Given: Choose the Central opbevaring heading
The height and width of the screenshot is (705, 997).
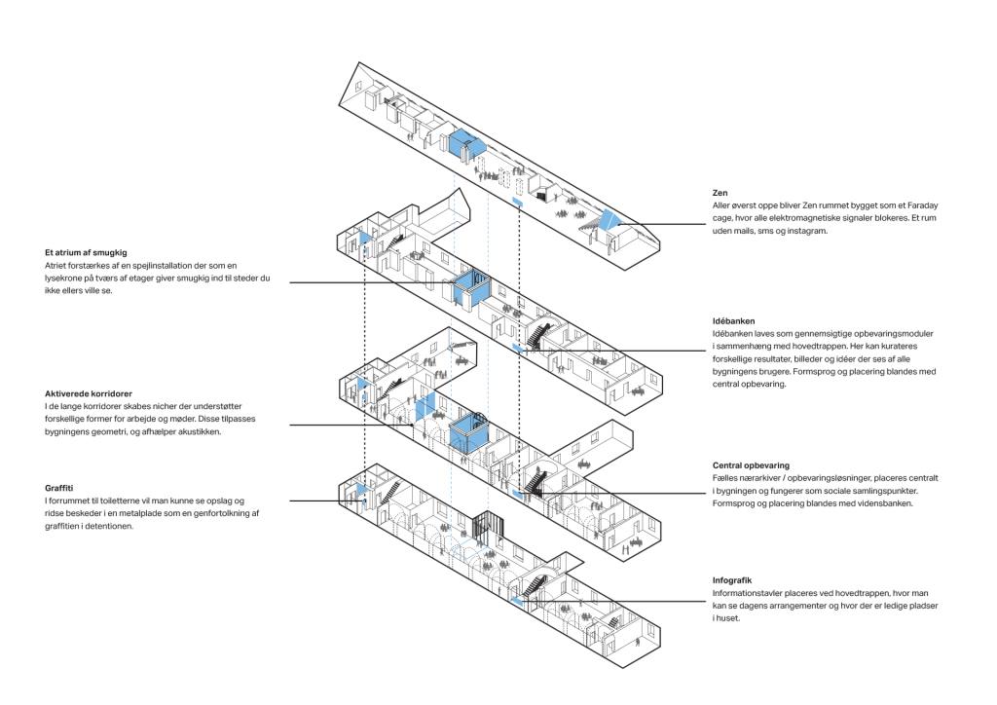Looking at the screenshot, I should [x=751, y=466].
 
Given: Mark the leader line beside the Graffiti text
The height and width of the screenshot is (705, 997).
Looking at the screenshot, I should [x=321, y=501].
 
